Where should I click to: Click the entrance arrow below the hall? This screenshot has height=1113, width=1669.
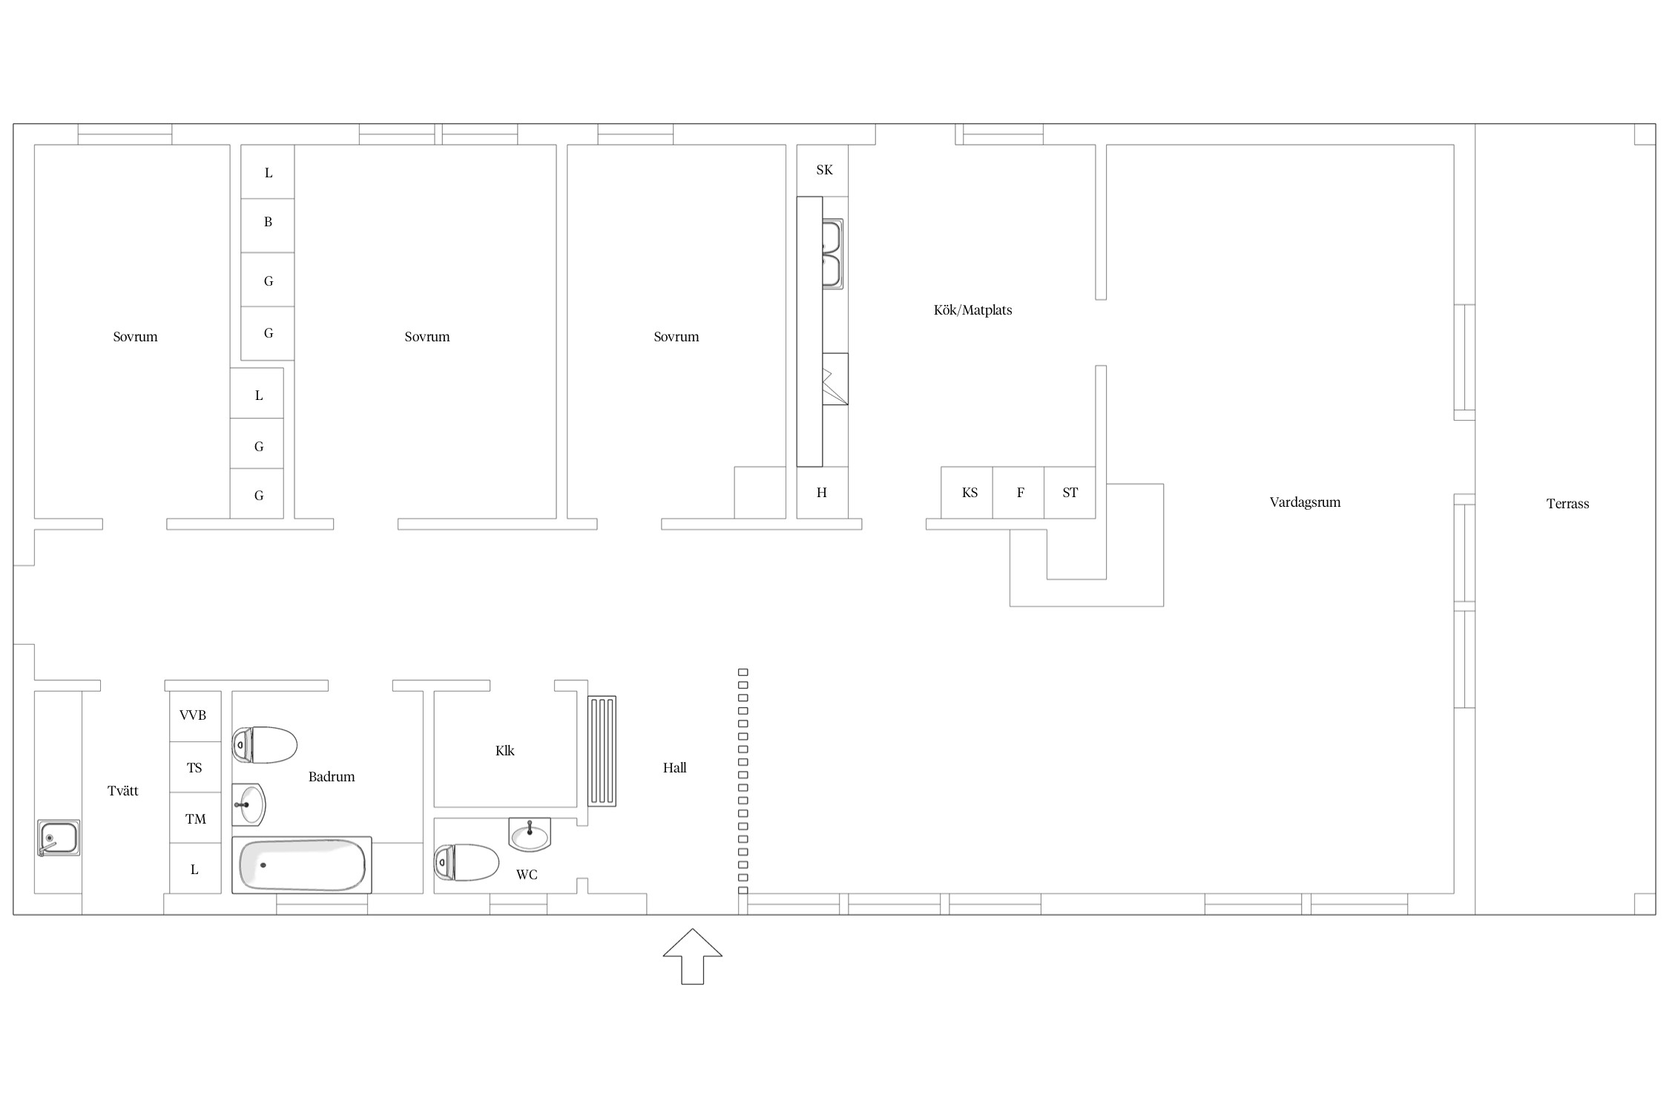click(x=692, y=956)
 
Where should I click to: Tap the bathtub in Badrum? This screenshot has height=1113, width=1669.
click(x=301, y=865)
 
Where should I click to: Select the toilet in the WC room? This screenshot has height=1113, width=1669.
click(x=466, y=862)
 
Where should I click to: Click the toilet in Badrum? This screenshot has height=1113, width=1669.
click(x=264, y=745)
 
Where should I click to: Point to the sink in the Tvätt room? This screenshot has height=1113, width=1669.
click(x=59, y=838)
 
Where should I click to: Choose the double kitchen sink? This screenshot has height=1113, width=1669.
click(x=832, y=254)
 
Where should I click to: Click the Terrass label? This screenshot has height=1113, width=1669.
click(x=1567, y=504)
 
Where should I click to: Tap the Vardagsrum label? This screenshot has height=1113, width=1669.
click(x=1305, y=502)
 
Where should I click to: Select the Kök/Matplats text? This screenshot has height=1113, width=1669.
click(x=972, y=310)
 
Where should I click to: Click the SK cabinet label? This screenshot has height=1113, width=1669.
click(x=824, y=170)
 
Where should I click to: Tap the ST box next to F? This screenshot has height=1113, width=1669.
click(x=1070, y=493)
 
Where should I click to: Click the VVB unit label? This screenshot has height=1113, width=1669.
click(x=193, y=715)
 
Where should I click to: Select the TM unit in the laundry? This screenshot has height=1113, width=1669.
click(x=196, y=818)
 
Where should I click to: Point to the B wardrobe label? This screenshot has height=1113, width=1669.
click(x=268, y=222)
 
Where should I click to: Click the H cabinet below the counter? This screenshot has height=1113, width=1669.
click(x=823, y=493)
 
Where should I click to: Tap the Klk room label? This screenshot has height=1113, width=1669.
click(x=505, y=751)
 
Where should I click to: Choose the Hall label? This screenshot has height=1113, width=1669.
click(x=674, y=768)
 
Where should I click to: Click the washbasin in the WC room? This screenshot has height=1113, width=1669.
click(x=530, y=834)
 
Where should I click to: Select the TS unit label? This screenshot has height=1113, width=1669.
click(x=194, y=768)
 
